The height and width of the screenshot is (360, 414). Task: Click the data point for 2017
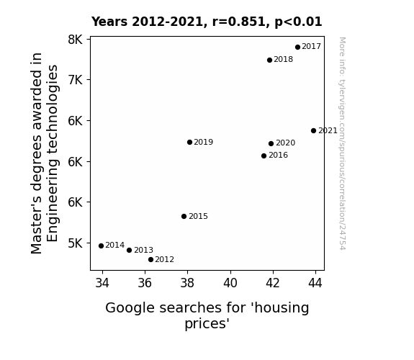(297, 47)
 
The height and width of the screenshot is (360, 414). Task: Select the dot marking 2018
(269, 60)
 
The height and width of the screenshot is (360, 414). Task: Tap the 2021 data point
(313, 130)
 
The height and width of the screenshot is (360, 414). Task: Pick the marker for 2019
(189, 142)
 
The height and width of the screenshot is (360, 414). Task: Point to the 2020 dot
(271, 143)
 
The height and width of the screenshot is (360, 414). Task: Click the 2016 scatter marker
(264, 156)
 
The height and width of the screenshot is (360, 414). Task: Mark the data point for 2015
(184, 216)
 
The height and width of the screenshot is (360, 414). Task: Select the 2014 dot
(101, 246)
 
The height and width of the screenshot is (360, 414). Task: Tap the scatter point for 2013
(129, 250)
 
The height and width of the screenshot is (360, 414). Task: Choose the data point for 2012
(150, 260)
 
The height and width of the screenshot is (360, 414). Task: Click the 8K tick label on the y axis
(76, 40)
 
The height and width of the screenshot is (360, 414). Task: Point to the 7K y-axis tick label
(76, 80)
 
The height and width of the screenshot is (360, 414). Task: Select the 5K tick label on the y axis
(76, 243)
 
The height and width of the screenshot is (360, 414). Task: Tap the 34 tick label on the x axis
(102, 283)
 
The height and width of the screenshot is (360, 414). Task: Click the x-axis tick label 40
(230, 283)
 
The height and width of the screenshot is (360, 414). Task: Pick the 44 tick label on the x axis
(315, 283)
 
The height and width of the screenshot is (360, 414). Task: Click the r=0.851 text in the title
(239, 22)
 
